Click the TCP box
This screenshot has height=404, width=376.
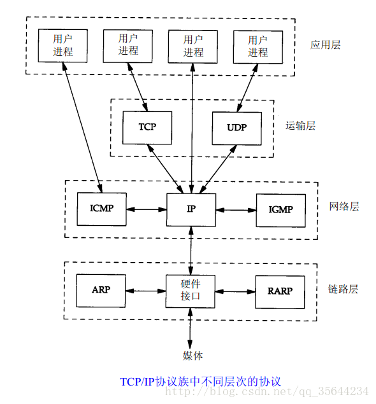pos(147,127)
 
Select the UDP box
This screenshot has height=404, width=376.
pos(236,127)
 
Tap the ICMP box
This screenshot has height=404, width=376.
pos(101,209)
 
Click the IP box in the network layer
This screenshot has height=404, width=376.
pos(191,209)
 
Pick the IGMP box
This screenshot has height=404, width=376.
pos(280,209)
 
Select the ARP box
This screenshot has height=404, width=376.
pos(101,290)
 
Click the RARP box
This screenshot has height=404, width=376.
pos(280,291)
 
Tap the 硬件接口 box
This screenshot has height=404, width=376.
pos(191,291)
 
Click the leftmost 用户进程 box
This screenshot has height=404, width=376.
pos(63,45)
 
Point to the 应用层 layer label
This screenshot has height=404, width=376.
pos(326,45)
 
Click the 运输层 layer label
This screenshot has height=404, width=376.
pos(300,125)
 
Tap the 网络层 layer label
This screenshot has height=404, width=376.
pos(344,206)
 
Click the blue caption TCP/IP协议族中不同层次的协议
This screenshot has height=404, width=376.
pos(200,382)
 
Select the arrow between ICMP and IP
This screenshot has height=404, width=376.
pos(146,209)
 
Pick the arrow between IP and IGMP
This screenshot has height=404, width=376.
pos(235,209)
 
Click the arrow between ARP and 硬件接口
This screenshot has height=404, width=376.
pos(145,291)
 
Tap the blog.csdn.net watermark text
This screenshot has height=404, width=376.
pos(268,391)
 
